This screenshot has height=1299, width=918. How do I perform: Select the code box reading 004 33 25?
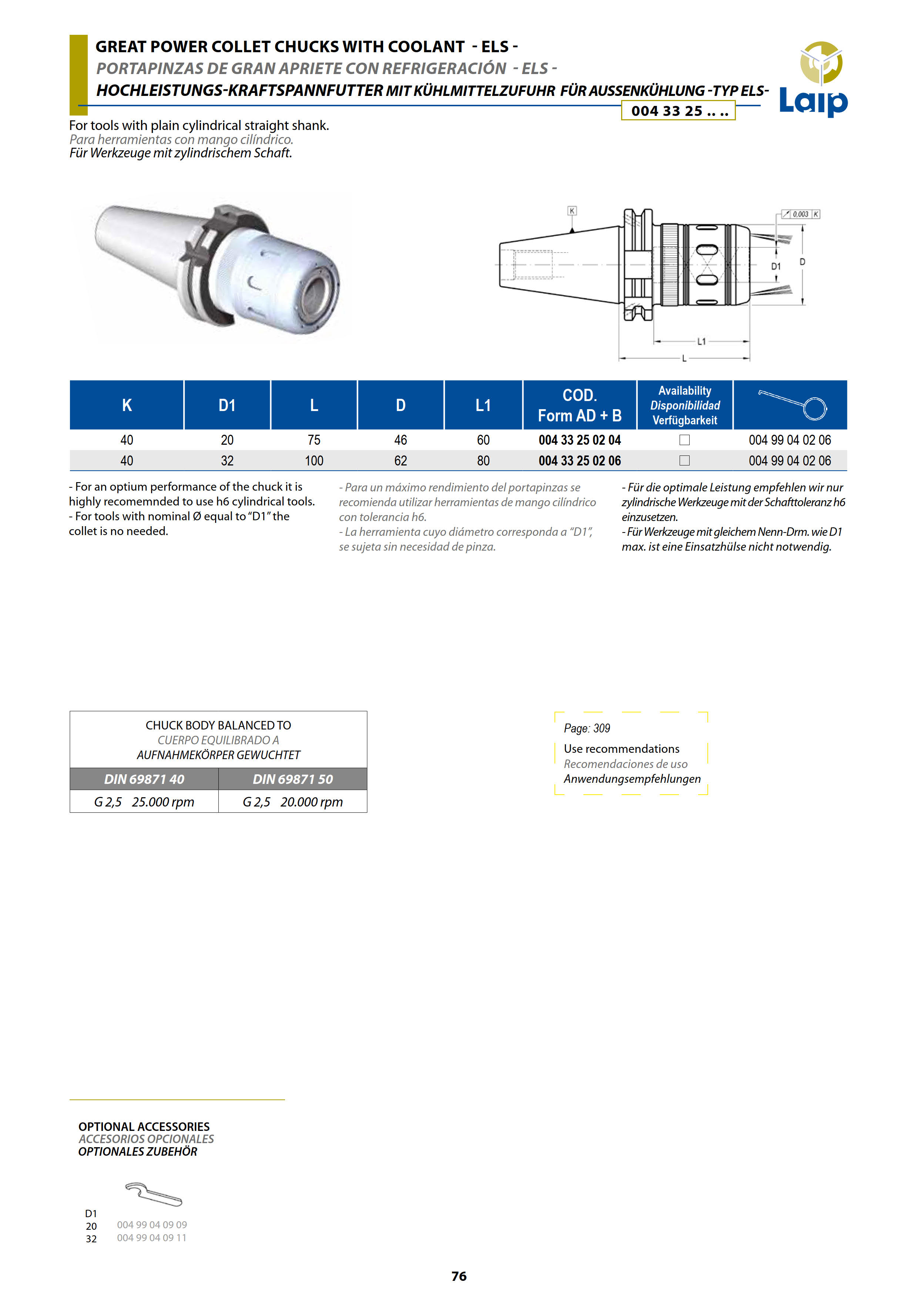(x=678, y=111)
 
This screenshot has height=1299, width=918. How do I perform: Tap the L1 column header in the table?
(x=483, y=405)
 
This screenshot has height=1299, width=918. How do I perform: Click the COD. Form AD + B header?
(x=579, y=405)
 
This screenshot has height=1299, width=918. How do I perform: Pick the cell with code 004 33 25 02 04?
(x=579, y=440)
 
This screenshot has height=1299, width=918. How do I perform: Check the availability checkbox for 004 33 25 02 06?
(x=684, y=461)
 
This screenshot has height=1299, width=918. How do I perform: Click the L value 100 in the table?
(x=314, y=461)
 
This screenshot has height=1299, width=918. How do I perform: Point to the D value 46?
(x=401, y=440)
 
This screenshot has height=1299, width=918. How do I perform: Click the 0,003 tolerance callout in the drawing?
(x=800, y=214)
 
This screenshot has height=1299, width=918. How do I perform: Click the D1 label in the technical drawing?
(x=776, y=267)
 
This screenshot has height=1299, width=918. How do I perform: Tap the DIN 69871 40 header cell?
(x=144, y=779)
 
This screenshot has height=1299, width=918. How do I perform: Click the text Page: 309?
(x=587, y=728)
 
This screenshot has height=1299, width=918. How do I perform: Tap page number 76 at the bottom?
(x=459, y=1276)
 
